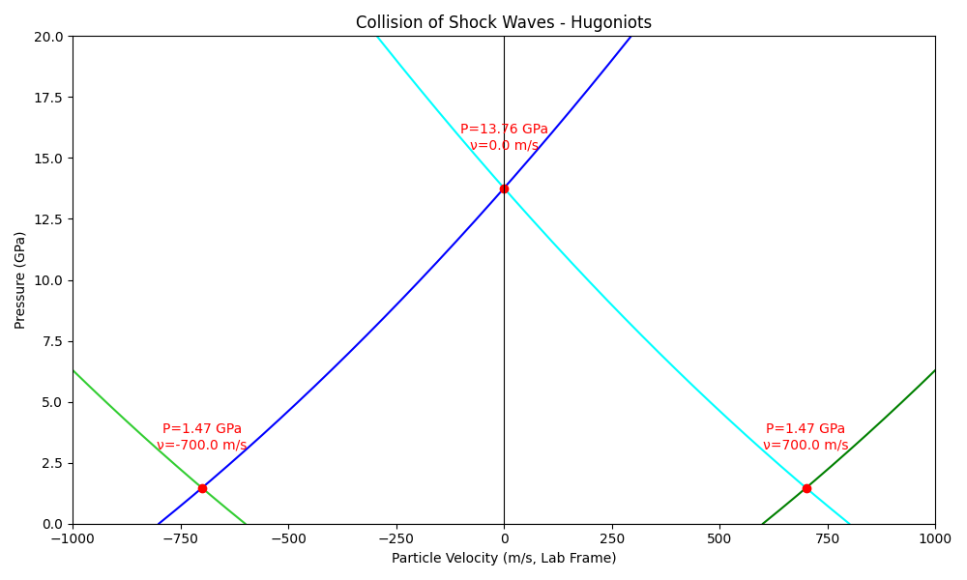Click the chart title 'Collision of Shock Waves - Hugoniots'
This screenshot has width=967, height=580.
pos(503,22)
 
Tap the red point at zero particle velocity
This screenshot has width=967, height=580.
pos(505,188)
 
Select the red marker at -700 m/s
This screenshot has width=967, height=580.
pos(202,488)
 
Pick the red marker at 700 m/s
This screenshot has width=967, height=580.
pos(806,488)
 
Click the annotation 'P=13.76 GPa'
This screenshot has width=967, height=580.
pos(504,129)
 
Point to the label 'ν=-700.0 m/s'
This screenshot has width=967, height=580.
pos(202,445)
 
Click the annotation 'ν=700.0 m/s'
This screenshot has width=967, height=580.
pos(806,445)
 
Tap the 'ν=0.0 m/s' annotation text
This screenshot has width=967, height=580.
pos(504,145)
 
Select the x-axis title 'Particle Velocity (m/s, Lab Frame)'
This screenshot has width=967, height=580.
pos(504,558)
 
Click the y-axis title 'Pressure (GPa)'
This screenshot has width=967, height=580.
pos(19,280)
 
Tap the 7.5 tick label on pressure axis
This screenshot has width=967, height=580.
pos(52,341)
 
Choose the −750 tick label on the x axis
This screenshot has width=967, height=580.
pos(181,538)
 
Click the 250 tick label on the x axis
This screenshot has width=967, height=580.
pos(612,538)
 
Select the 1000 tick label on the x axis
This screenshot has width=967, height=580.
pos(935,538)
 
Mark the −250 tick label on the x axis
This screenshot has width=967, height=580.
pos(396,538)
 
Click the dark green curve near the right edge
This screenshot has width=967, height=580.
pos(849,448)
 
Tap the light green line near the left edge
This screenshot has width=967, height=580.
pos(160,448)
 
